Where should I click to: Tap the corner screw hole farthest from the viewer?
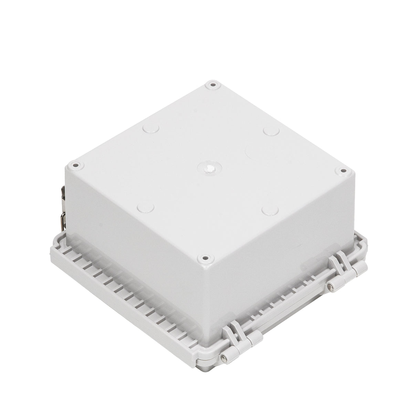tap(212, 84)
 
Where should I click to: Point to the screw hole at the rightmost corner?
tap(343, 170)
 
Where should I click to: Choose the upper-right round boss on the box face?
tap(271, 131)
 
